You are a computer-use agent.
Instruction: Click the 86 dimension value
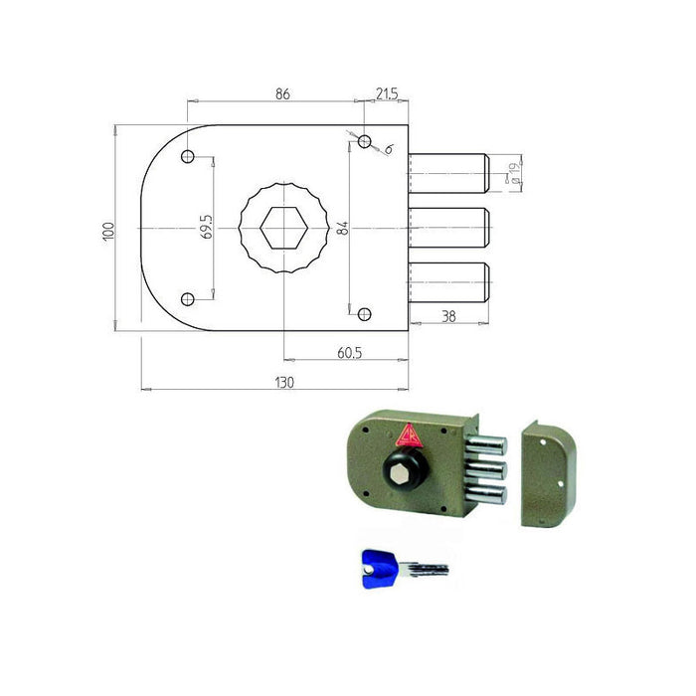(x=282, y=94)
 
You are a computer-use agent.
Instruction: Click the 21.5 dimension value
(x=387, y=94)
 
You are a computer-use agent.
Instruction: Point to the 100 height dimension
(x=108, y=232)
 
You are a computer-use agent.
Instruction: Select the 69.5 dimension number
(x=207, y=228)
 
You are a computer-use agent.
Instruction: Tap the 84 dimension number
(x=343, y=228)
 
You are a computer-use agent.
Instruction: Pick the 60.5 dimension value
(x=349, y=353)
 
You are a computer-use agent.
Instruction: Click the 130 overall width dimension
(x=284, y=382)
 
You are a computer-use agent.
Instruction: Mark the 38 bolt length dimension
(x=448, y=316)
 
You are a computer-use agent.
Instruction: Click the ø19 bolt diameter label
(x=514, y=174)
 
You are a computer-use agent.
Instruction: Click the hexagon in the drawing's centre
(x=283, y=228)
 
